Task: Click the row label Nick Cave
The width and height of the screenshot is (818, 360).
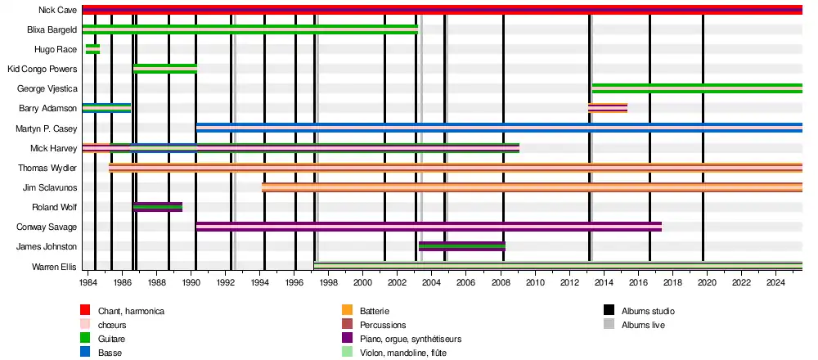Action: [x=57, y=10]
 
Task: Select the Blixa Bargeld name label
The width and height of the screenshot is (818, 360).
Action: [x=52, y=29]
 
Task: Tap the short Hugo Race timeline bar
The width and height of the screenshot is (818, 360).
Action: [x=92, y=49]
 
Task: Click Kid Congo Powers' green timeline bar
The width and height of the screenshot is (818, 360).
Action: [x=165, y=69]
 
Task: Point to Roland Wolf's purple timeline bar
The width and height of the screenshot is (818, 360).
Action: [x=158, y=207]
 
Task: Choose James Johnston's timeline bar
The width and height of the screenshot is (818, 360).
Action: [x=462, y=246]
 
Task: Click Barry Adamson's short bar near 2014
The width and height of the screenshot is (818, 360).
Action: [x=608, y=108]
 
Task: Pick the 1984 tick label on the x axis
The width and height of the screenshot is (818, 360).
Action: [x=88, y=283]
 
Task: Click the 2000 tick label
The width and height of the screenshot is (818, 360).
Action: [x=362, y=283]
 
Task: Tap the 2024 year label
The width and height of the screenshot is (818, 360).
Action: [x=775, y=283]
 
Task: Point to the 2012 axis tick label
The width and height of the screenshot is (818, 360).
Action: [x=569, y=283]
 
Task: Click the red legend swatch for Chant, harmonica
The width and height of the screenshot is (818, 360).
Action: [x=85, y=311]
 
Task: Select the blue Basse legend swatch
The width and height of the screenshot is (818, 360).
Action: [x=85, y=353]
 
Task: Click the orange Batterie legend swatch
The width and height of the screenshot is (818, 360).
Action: [x=347, y=311]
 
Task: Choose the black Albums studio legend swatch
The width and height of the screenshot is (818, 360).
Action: [x=609, y=311]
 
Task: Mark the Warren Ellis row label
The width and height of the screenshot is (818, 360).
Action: [x=54, y=267]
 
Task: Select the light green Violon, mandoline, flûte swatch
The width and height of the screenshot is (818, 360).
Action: [x=347, y=353]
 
